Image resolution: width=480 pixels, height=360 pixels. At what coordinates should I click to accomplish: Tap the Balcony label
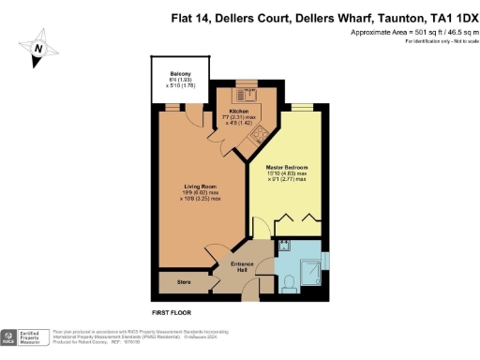coord(180,74)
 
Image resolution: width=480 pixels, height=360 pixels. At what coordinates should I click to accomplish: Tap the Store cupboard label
coord(172,280)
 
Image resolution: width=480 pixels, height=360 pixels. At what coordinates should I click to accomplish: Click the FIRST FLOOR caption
coord(172,310)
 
